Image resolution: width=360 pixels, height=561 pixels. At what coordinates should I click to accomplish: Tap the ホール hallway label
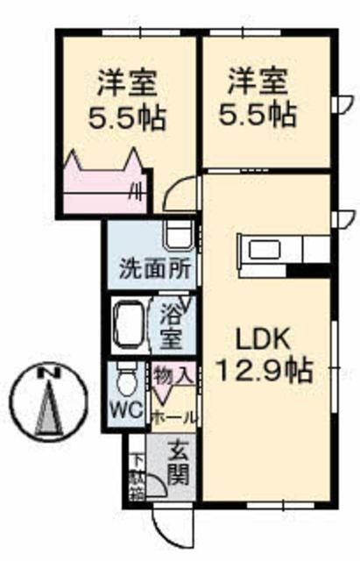[175, 416]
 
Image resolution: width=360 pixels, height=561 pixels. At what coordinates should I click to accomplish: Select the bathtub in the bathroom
[133, 327]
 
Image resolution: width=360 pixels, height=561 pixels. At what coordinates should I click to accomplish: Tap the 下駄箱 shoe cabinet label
[137, 474]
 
